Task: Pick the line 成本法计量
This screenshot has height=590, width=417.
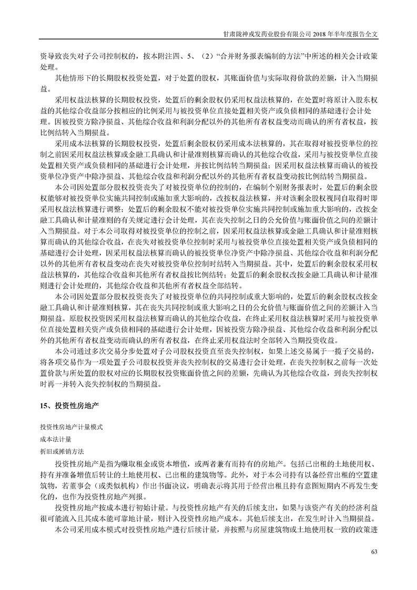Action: (55, 439)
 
